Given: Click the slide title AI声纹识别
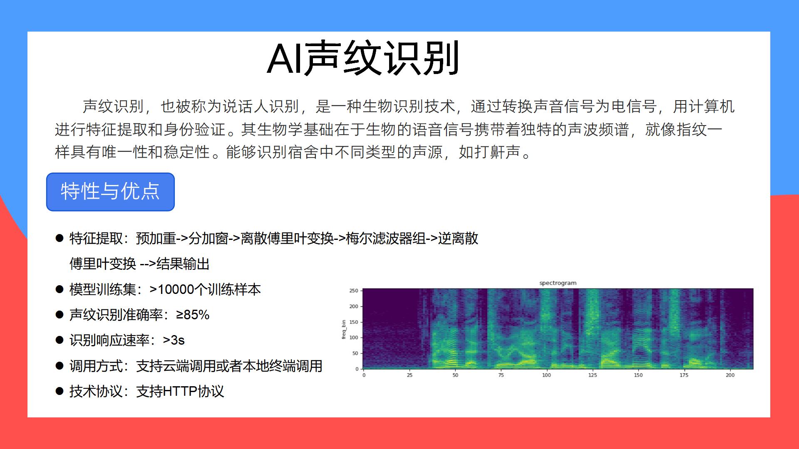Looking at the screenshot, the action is point(363,59).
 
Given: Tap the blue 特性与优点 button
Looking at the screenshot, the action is point(110,192).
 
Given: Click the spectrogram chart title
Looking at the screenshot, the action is point(558,283).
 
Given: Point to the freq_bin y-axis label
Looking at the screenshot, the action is point(344,329).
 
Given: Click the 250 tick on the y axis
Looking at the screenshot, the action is point(353,291).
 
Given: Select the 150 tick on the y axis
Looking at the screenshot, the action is point(353,322).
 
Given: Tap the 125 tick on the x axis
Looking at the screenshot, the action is point(592,375).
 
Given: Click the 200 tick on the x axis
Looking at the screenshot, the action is point(730,375).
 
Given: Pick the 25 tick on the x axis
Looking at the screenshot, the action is point(409,375).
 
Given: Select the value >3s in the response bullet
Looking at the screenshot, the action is point(174,340).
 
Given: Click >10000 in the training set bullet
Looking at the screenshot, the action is point(171,289).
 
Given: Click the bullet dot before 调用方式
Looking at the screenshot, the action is point(60,366).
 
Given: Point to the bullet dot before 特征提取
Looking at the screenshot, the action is point(60,238).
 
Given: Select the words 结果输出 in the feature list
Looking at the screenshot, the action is point(183,264).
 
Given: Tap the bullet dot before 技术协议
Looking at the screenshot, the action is point(60,391).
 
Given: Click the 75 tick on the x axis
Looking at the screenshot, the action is point(501,375).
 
